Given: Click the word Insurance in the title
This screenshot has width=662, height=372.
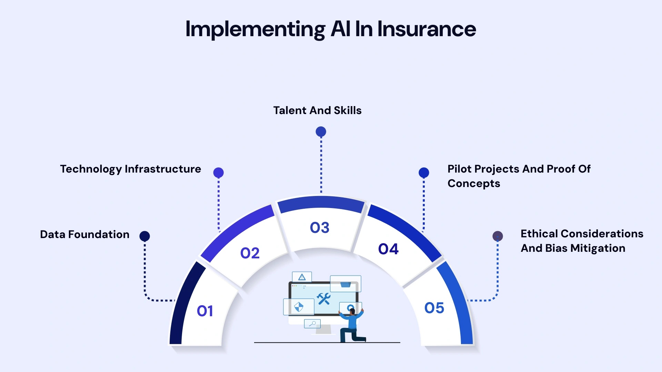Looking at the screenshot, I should [x=427, y=29].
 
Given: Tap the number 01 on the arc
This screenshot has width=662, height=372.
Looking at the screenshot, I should [x=205, y=311].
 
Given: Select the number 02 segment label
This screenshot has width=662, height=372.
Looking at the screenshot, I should [x=250, y=253].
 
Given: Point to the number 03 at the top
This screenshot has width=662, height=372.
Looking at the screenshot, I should [x=320, y=228].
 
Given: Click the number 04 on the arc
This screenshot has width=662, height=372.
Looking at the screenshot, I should [x=388, y=249].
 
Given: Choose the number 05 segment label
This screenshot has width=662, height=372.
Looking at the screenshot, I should [x=434, y=308].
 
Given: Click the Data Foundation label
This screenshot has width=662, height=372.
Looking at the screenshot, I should [x=84, y=235].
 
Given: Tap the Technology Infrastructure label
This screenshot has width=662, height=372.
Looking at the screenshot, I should [x=130, y=169].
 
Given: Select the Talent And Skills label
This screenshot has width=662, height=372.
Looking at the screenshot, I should [x=317, y=111].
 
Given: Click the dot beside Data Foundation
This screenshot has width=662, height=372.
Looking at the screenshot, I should [x=144, y=236].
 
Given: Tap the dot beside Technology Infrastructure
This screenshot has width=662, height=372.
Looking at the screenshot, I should [x=218, y=173].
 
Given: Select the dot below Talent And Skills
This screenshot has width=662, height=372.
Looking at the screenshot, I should [x=321, y=132].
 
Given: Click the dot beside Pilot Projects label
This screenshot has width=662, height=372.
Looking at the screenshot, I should [x=424, y=173].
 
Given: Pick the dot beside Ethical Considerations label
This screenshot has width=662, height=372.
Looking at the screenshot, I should [x=498, y=236].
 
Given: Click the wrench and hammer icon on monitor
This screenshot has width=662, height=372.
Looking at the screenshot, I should [x=324, y=299].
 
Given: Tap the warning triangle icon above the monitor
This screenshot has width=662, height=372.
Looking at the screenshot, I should [x=302, y=277].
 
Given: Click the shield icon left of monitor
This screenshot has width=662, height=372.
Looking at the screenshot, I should [x=299, y=307].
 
